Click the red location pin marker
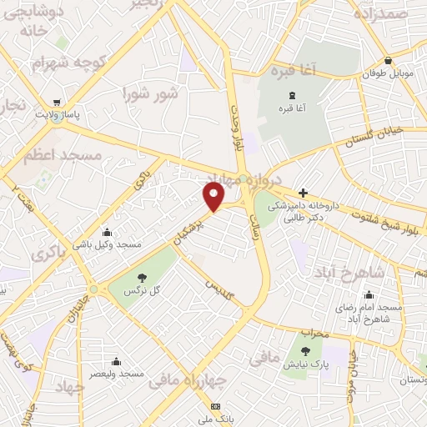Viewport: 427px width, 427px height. (x=214, y=197)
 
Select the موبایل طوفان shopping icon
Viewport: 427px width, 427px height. (x=389, y=61)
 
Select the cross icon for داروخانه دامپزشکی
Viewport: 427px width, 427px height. (x=303, y=193)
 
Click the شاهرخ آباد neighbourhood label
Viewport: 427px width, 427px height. (x=351, y=272)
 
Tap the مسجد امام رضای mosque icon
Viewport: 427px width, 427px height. (x=369, y=294)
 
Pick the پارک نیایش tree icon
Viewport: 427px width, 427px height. (x=305, y=351)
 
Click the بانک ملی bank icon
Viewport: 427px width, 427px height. (x=217, y=406)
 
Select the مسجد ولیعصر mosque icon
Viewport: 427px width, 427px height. (x=116, y=362)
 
